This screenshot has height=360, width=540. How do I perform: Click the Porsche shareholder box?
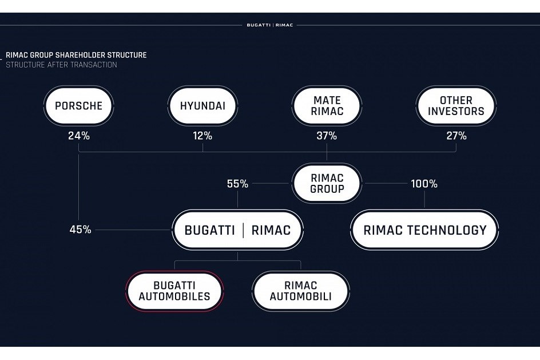(x=78, y=106)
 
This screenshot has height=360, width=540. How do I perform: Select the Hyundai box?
(x=202, y=106)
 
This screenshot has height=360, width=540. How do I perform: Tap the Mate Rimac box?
(x=327, y=106)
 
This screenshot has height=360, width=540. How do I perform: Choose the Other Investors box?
(x=456, y=106)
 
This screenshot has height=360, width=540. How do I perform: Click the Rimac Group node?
(x=327, y=184)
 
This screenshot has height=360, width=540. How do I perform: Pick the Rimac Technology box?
(x=424, y=230)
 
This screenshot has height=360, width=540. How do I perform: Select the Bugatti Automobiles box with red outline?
(x=174, y=291)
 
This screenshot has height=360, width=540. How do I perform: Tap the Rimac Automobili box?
(x=300, y=291)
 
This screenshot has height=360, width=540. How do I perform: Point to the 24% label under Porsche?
(x=78, y=136)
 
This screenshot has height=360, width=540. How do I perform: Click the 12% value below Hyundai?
(x=202, y=136)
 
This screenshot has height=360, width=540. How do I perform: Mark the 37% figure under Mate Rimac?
(x=327, y=136)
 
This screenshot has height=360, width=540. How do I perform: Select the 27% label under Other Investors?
(x=456, y=136)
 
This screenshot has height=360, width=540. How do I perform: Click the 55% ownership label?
(x=237, y=184)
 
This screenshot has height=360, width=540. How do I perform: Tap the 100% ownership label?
(x=424, y=184)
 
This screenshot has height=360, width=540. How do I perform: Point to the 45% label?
(x=80, y=230)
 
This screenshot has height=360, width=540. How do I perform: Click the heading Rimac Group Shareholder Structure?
(x=76, y=55)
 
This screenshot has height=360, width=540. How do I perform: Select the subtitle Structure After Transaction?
(x=61, y=65)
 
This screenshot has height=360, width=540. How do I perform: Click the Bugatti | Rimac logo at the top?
(x=269, y=25)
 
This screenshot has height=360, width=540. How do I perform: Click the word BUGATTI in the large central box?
(x=209, y=230)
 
